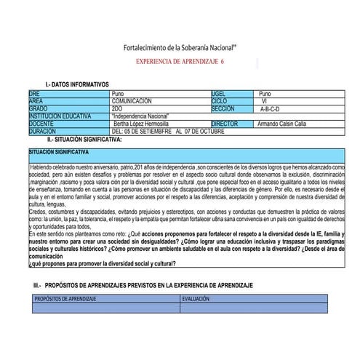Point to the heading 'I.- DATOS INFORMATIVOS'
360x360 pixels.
point(77,85)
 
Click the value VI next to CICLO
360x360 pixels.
point(265,100)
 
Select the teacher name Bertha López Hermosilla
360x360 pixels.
point(145,123)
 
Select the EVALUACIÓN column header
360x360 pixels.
point(196,299)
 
